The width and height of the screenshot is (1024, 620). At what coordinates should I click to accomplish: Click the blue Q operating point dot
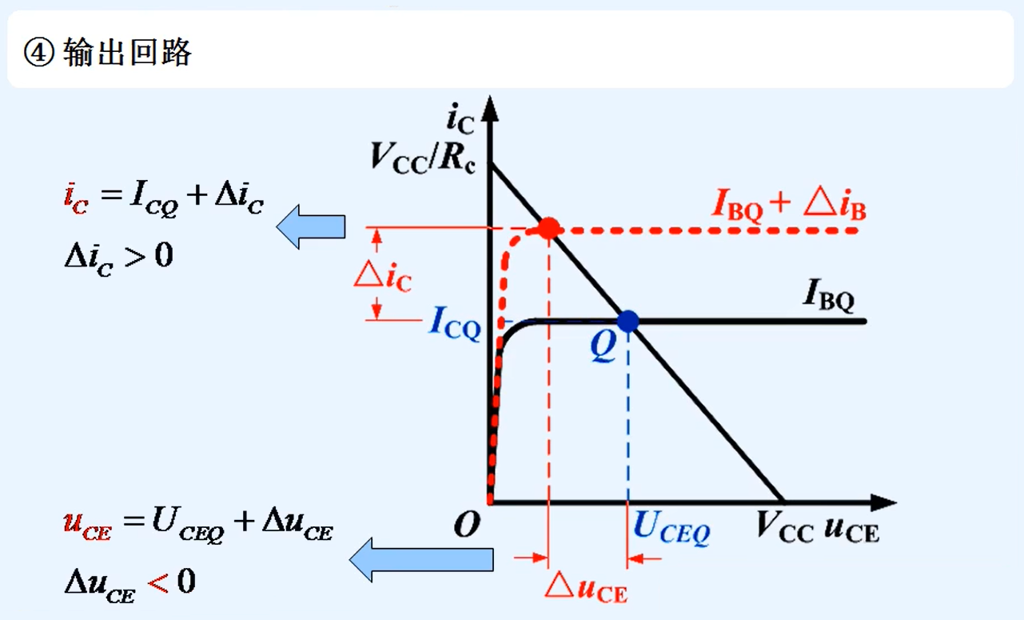click(628, 321)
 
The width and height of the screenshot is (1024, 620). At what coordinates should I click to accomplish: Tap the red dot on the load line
click(548, 229)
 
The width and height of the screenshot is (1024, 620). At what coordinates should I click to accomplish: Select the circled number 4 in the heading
click(38, 54)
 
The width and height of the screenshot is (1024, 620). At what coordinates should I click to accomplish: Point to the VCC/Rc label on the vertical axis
click(422, 157)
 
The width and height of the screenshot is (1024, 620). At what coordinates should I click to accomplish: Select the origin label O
click(466, 525)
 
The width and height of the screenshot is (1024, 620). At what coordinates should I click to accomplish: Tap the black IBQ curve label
click(828, 298)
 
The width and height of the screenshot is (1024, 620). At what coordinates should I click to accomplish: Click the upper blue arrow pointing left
click(311, 226)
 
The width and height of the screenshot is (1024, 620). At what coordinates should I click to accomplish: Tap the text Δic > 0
click(118, 258)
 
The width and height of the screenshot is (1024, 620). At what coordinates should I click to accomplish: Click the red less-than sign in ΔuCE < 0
click(157, 582)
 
